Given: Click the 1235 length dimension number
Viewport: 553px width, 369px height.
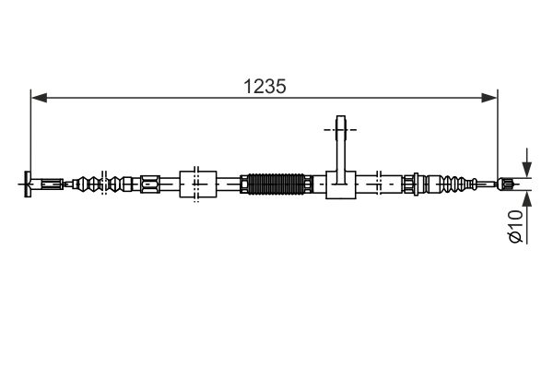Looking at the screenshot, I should [x=265, y=86].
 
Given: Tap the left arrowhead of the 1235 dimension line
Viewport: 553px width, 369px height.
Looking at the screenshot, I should [x=37, y=95].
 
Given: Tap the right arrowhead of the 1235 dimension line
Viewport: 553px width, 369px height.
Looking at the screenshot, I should [x=491, y=95].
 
